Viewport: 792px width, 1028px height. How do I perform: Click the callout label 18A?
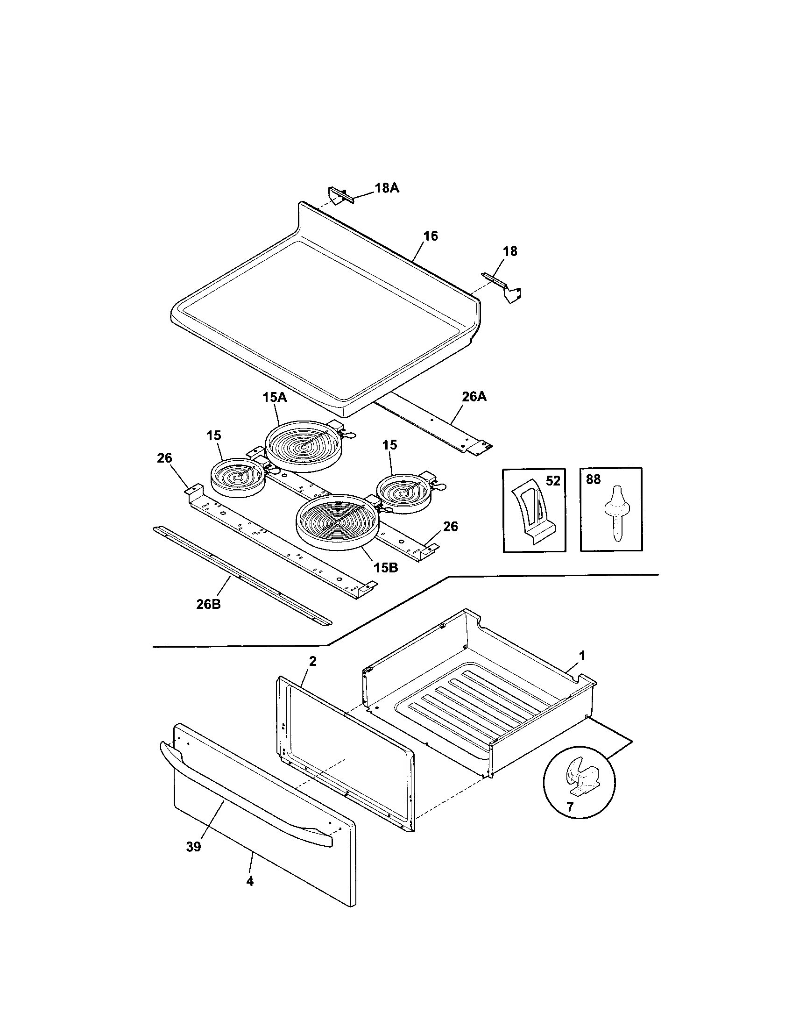pyautogui.click(x=387, y=188)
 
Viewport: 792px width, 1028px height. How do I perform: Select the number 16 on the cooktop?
pyautogui.click(x=431, y=236)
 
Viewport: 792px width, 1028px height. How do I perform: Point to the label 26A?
pyautogui.click(x=474, y=397)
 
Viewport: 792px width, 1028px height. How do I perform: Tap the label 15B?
pyautogui.click(x=386, y=568)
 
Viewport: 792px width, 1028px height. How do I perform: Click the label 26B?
pyautogui.click(x=208, y=604)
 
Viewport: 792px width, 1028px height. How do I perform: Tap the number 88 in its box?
pyautogui.click(x=594, y=479)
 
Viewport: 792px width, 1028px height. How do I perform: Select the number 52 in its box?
pyautogui.click(x=553, y=480)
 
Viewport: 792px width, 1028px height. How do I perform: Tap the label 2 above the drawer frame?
pyautogui.click(x=312, y=661)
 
